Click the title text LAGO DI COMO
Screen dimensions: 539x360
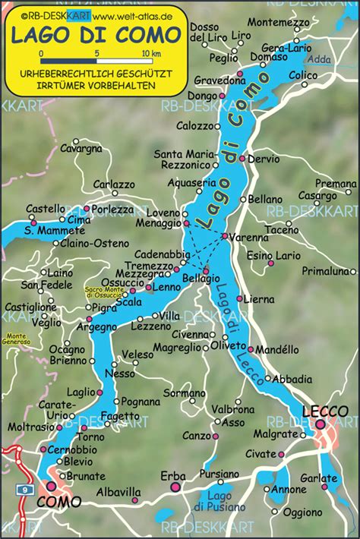point(95,34)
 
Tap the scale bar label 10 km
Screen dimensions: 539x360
point(151,54)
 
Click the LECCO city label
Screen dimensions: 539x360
point(325,411)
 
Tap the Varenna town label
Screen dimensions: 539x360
point(249,238)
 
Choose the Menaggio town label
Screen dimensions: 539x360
point(158,224)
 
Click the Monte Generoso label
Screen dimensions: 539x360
point(17,339)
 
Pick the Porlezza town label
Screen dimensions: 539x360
point(113,209)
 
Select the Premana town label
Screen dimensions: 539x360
point(336,183)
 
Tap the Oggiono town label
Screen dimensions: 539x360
point(303,512)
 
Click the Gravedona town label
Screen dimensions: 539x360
point(215,79)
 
